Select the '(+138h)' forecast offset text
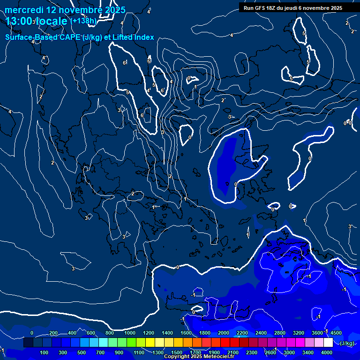click(x=83, y=21)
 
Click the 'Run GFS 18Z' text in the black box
click(x=261, y=8)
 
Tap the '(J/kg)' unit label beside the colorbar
click(x=347, y=343)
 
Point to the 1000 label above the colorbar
click(x=130, y=333)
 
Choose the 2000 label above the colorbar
click(x=224, y=333)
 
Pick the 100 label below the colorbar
click(x=45, y=352)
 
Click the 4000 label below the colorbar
click(x=327, y=352)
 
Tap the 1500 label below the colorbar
click(x=177, y=352)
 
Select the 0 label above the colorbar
click(x=32, y=333)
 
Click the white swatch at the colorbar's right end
click(x=328, y=343)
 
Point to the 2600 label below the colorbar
click(x=270, y=352)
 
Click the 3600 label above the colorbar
click(x=317, y=333)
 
